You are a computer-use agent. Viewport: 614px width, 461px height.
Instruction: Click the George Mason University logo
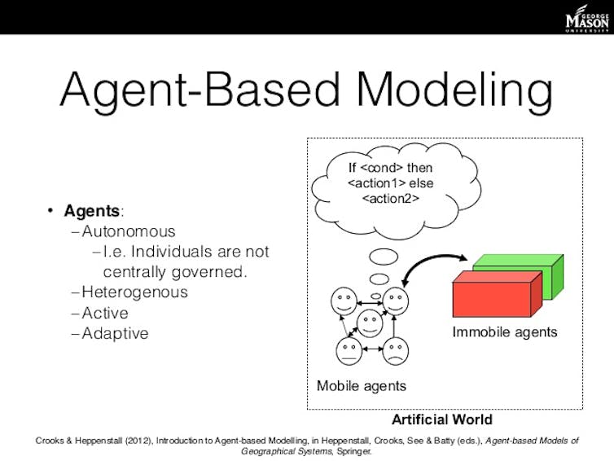pos(587,19)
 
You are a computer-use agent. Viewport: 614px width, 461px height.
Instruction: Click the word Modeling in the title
pos(454,91)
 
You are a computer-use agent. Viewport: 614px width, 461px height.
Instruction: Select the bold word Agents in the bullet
pos(92,211)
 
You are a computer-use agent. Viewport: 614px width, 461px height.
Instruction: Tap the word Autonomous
pos(129,231)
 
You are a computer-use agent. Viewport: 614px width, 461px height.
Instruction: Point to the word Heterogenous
pos(134,292)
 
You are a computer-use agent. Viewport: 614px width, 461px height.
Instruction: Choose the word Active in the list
pos(105,313)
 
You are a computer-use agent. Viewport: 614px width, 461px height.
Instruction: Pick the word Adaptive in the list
pos(115,334)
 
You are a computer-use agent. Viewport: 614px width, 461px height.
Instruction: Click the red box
pos(498,294)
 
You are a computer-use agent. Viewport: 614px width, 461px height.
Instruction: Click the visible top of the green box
pos(519,260)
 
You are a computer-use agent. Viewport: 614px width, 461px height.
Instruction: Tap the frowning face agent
pos(395,351)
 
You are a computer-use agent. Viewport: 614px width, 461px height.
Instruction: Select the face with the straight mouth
pos(349,351)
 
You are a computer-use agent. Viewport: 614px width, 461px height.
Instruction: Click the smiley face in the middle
pos(370,323)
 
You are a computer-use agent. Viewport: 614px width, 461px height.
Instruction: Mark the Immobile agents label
pos(505,332)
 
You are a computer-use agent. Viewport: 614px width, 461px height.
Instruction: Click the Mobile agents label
pos(362,386)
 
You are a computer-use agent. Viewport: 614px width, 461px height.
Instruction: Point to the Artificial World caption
pos(442,419)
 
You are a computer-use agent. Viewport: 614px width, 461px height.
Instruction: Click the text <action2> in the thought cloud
pos(391,199)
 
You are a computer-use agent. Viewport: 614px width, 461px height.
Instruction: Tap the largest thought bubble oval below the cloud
pos(384,257)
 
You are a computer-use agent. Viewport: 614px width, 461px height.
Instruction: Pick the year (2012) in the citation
pos(138,441)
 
